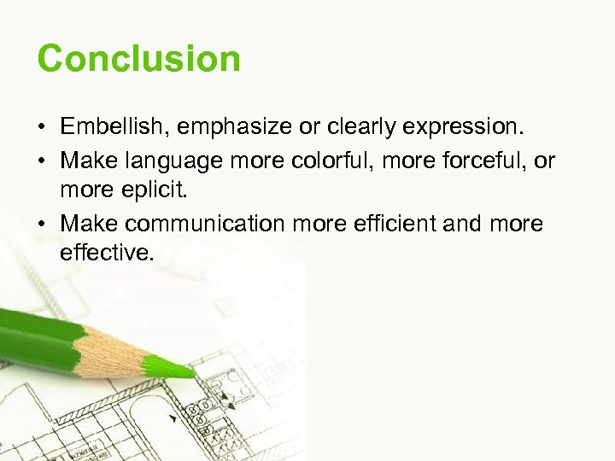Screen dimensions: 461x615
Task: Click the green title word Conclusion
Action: pyautogui.click(x=139, y=59)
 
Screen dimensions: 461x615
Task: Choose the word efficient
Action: pyautogui.click(x=390, y=224)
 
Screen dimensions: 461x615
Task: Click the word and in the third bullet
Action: pyautogui.click(x=464, y=224)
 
